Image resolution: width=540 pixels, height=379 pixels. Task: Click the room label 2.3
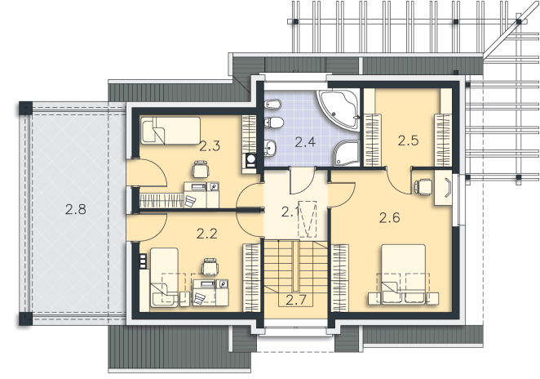click(x=210, y=146)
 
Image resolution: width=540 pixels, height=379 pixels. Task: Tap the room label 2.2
click(x=207, y=234)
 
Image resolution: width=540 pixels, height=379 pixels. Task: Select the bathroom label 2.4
click(x=305, y=142)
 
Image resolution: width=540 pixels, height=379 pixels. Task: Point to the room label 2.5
click(x=408, y=140)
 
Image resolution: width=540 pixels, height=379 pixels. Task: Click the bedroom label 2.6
click(x=390, y=217)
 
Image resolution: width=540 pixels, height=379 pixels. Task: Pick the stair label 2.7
click(x=296, y=300)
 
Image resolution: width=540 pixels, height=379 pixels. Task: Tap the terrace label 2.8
click(x=75, y=209)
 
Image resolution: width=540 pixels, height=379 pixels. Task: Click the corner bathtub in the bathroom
click(x=338, y=110)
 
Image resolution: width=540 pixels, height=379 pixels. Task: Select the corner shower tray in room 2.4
click(x=346, y=153)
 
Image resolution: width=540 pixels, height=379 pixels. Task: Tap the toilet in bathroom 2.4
click(x=274, y=122)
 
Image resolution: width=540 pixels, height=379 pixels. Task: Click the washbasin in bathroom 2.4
click(x=270, y=149)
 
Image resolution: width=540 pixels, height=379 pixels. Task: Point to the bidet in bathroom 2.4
click(x=273, y=104)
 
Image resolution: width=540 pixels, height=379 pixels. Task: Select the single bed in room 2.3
click(x=170, y=131)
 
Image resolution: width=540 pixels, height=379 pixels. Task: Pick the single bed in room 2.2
click(x=164, y=277)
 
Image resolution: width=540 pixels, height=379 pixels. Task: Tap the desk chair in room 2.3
click(x=201, y=169)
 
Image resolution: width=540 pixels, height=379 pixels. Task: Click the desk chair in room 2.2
click(x=210, y=267)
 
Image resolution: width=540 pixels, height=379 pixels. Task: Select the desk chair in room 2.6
click(x=423, y=187)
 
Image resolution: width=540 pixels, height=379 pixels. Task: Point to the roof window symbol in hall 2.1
click(x=308, y=219)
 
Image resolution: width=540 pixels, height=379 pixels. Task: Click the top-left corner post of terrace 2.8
click(x=25, y=108)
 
